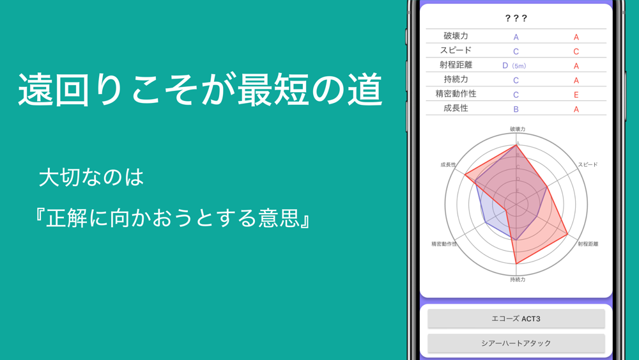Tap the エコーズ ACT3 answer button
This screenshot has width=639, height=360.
pos(516,318)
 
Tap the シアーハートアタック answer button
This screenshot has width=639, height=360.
pos(516,343)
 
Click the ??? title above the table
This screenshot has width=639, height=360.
pos(516,18)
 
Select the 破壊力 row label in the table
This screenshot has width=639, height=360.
pos(456,36)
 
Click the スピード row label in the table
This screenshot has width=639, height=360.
pos(456,50)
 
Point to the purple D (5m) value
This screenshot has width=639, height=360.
pos(514,66)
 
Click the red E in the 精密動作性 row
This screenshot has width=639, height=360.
pos(576,95)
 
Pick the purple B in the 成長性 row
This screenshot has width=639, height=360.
pos(516,109)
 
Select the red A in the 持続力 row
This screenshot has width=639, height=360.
pos(576,81)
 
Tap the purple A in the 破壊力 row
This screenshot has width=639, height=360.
pos(516,37)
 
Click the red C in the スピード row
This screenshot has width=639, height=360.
pos(576,51)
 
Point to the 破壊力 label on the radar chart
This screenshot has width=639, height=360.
pos(518,129)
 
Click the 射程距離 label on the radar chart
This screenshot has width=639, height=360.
pos(588,244)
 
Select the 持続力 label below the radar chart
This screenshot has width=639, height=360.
pos(518,279)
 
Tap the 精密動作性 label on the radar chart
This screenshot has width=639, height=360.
pos(444,244)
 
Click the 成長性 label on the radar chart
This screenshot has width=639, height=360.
pos(449,165)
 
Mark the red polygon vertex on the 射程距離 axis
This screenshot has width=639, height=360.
pos(567,235)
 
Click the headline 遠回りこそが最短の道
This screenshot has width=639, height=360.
pos(200,90)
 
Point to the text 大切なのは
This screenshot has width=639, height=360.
pos(91,177)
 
